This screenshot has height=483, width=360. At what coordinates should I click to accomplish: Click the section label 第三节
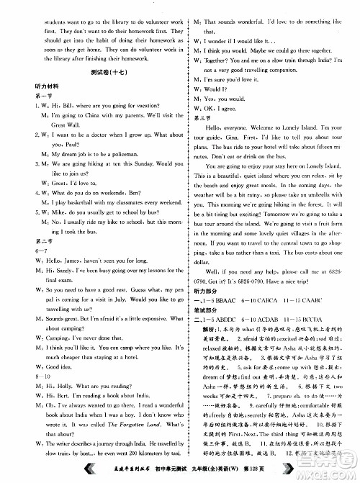click(198, 119)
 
